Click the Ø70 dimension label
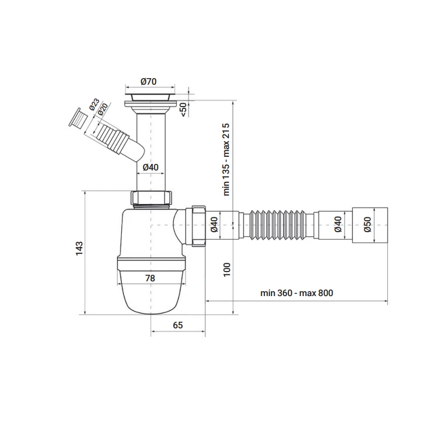click(x=149, y=81)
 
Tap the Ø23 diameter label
click(x=95, y=104)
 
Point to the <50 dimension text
click(x=184, y=110)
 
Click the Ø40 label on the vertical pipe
click(x=151, y=167)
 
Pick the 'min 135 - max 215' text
click(x=226, y=160)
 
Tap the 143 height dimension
click(x=79, y=249)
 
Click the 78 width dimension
click(x=150, y=278)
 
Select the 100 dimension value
click(x=227, y=269)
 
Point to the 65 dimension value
click(x=178, y=325)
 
